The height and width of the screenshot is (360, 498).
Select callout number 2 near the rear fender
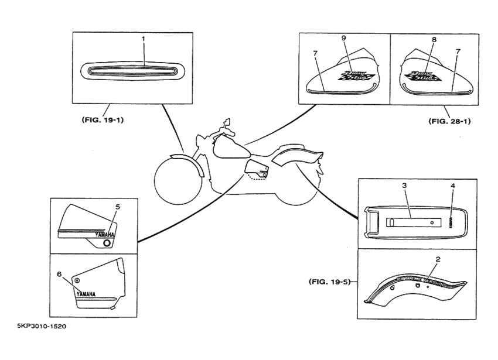[438, 259]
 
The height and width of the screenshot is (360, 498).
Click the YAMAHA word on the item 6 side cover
[87, 294]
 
